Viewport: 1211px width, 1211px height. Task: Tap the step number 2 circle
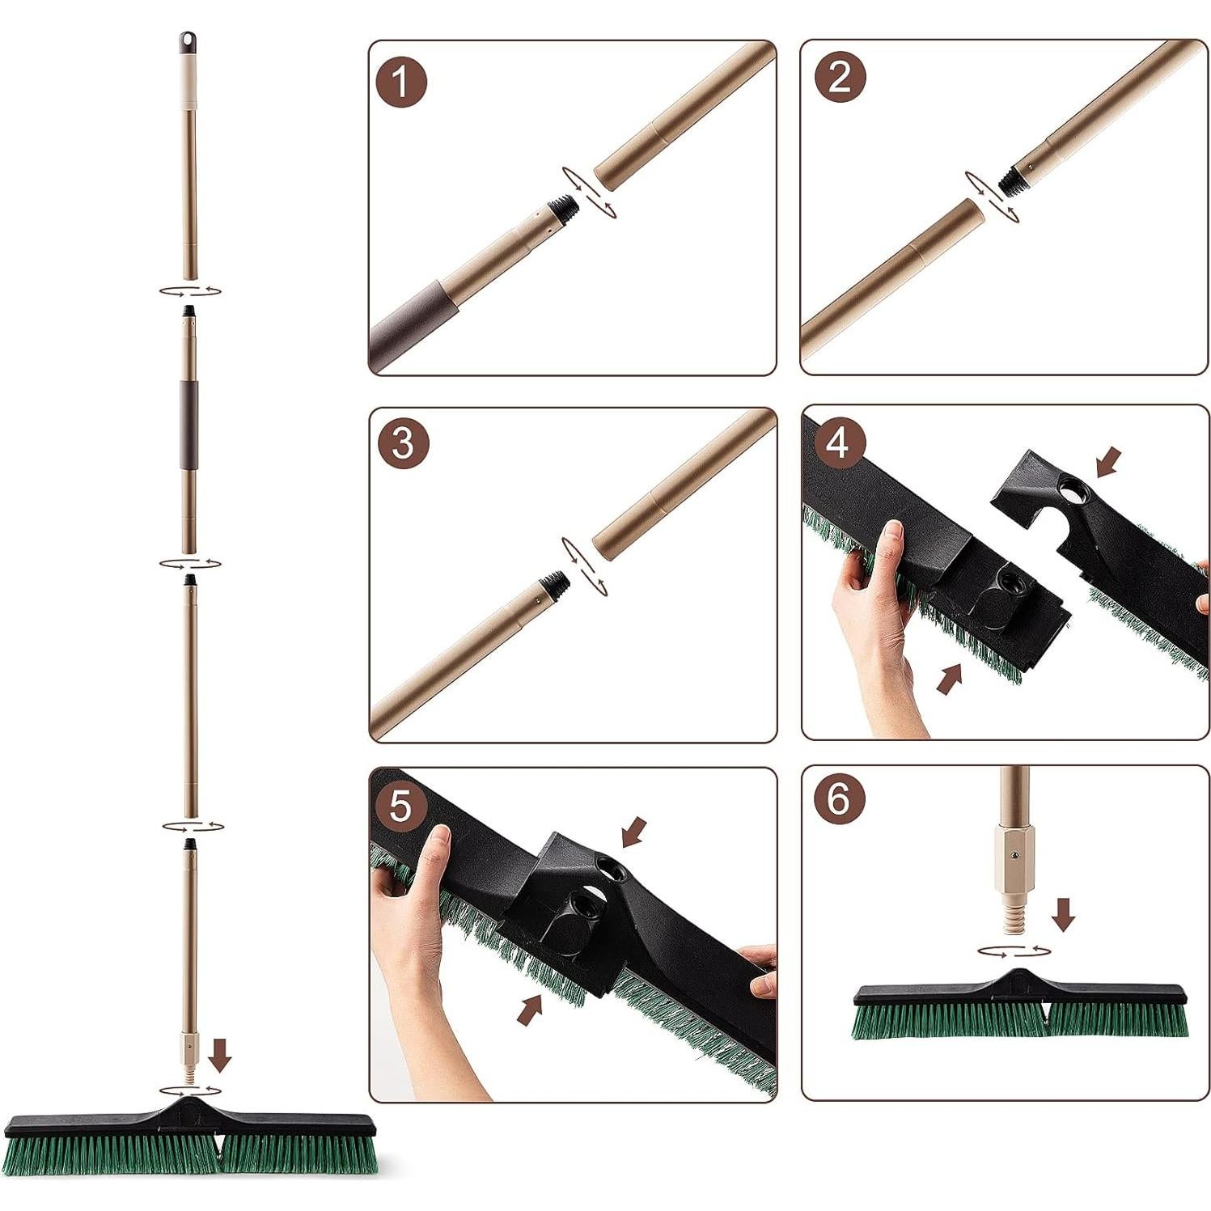click(840, 78)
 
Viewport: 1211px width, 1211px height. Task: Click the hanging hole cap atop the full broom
click(188, 42)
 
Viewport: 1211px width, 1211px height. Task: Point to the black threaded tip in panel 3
click(555, 584)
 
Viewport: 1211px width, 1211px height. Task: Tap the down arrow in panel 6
click(1063, 913)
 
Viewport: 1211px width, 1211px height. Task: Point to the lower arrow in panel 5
click(530, 1009)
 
